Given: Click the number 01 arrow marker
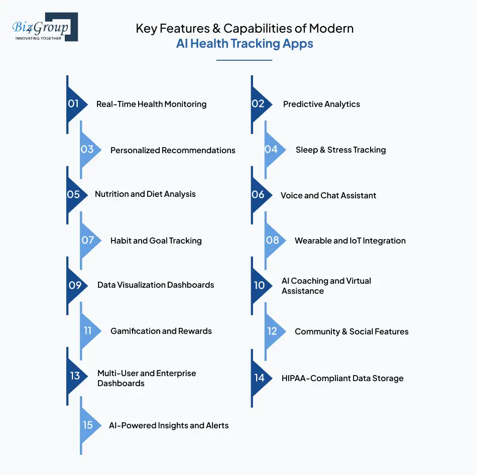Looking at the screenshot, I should (74, 104).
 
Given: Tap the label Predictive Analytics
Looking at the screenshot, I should (321, 104).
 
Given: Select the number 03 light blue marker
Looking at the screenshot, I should (88, 150).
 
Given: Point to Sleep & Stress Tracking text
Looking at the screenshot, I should (340, 150).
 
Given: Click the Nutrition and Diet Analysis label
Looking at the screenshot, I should (145, 194).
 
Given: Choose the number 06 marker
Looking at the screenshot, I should (259, 194).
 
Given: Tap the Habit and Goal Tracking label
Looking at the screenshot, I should (156, 241).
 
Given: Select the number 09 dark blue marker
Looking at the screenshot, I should (75, 285).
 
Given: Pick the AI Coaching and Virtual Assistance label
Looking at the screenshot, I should (326, 286).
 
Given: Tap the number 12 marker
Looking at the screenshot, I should (272, 331).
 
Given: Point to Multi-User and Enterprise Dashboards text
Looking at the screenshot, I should (147, 378).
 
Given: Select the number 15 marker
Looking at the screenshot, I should (88, 425).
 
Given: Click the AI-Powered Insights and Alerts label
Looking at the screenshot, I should (169, 425).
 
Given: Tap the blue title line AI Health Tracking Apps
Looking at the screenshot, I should (245, 44).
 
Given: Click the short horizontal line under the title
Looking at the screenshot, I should (244, 60).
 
